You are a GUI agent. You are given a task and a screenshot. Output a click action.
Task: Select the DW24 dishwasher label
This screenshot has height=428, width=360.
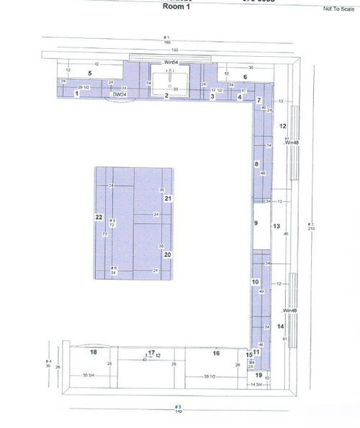click(118, 94)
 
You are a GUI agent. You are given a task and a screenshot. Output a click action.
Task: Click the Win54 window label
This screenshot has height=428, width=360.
click(171, 63)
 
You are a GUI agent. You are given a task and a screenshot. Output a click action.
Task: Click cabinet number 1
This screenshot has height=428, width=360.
click(76, 94)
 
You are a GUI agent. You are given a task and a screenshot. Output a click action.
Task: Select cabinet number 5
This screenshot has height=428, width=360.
click(90, 73)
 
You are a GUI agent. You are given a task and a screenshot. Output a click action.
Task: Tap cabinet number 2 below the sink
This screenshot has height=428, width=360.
click(166, 95)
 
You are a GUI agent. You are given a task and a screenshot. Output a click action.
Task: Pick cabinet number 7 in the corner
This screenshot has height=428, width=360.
click(258, 100)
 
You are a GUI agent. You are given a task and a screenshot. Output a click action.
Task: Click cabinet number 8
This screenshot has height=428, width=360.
click(256, 164)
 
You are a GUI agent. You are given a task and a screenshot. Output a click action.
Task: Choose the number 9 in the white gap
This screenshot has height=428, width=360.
click(256, 224)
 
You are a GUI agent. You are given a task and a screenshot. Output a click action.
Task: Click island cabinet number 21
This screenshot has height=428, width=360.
click(167, 199)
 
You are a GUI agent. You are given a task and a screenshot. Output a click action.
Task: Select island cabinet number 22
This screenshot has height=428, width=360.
click(99, 217)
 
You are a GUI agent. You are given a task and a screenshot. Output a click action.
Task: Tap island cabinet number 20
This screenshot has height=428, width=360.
click(167, 254)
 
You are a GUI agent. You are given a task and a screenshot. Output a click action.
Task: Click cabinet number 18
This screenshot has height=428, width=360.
click(93, 352)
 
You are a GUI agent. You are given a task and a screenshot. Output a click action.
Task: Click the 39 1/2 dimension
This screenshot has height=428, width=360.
click(210, 376)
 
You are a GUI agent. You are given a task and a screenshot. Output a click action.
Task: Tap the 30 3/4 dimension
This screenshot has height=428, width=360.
click(89, 375)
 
